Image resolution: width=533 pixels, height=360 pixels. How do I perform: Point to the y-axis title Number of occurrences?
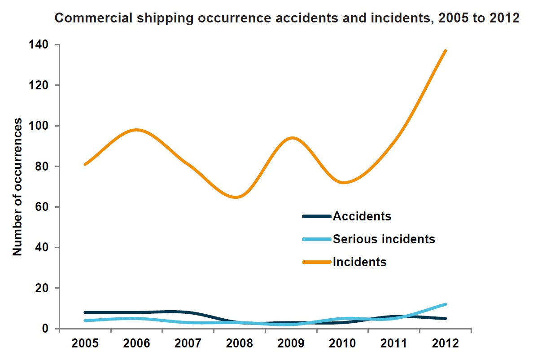[17, 187]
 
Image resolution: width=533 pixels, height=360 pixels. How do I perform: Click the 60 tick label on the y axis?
[43, 207]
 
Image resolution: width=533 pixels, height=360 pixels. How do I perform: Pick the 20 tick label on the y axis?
[43, 288]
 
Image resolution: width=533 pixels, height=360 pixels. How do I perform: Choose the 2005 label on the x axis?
[84, 344]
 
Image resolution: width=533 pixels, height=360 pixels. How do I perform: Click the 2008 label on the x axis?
[239, 344]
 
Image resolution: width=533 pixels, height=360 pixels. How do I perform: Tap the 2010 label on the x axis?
[342, 344]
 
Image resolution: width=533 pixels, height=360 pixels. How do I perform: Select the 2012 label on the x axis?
[446, 344]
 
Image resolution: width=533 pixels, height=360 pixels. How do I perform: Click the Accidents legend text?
[362, 216]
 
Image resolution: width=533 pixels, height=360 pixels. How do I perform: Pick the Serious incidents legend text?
[384, 239]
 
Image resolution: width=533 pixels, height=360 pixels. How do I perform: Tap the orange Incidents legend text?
[360, 262]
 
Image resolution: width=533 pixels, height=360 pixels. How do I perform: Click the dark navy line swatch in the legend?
[316, 216]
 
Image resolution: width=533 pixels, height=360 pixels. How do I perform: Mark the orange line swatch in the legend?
[316, 262]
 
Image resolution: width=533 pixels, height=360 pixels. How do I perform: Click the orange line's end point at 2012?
[446, 51]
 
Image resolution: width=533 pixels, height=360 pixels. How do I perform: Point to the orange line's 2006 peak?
[136, 130]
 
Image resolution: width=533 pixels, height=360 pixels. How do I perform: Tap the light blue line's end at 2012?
[446, 304]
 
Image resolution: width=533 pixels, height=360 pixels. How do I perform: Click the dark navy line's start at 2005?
[85, 312]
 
